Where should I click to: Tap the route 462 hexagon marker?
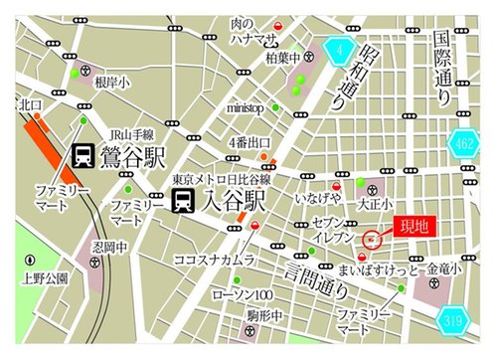(463, 143)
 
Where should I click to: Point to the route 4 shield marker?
(339, 47)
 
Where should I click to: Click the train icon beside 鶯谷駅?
(83, 155)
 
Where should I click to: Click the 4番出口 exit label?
(249, 142)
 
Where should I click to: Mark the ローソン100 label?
(245, 295)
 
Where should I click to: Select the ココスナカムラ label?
(215, 260)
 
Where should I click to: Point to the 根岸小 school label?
(110, 85)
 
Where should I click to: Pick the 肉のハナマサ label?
(252, 31)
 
